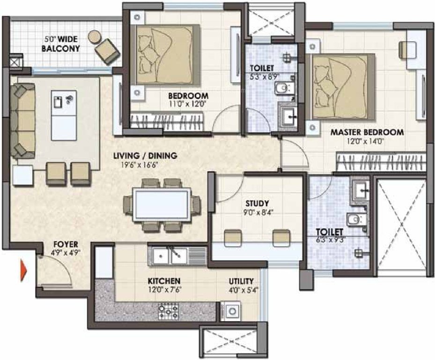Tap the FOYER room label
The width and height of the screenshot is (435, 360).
66,244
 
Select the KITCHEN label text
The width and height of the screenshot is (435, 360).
164,280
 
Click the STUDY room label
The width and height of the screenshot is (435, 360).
257,203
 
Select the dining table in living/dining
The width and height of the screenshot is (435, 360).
162,204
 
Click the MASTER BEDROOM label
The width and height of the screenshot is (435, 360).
367,132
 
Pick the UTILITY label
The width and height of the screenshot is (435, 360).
242,281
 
